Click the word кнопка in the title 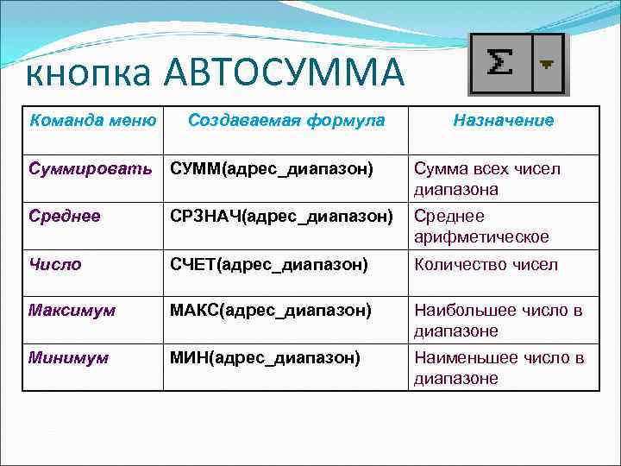click(85, 76)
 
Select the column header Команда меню click(93, 120)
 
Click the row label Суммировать click(90, 168)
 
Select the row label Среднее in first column click(65, 216)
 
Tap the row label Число click(55, 264)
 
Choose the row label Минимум click(69, 357)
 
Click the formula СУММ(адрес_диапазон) click(271, 169)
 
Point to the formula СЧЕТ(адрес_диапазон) click(268, 264)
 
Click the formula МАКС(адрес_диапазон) click(271, 310)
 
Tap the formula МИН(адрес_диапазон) click(265, 357)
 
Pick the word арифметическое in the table click(481, 236)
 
